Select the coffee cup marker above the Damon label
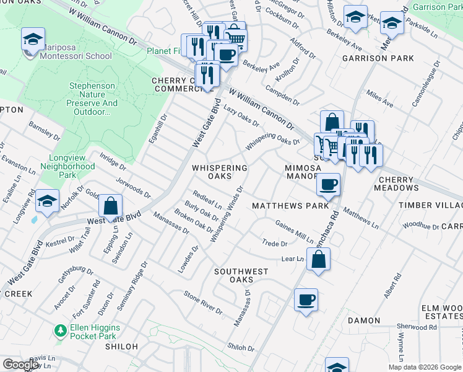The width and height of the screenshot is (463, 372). point(306,300)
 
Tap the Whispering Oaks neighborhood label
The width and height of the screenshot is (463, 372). point(219,172)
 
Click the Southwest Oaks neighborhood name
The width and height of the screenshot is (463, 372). point(241,276)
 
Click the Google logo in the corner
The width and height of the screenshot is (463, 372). point(20,365)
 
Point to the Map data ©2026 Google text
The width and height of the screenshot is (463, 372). point(424,367)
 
